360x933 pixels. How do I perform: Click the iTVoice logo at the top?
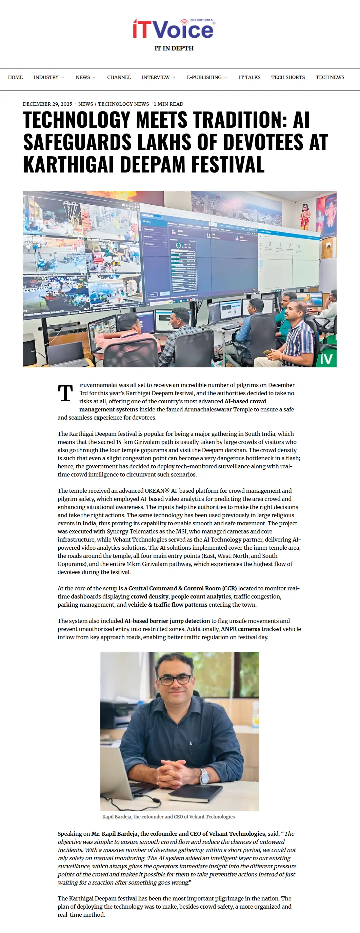pos(173,29)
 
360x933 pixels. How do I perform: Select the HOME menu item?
pos(15,77)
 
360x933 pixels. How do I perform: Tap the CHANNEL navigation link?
pos(119,77)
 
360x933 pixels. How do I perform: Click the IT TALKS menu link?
pos(249,77)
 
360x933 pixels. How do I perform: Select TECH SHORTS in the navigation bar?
pos(288,77)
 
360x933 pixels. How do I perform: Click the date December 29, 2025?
pos(47,104)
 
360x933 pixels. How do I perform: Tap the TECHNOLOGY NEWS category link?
pos(123,104)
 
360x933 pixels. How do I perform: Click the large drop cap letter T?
pos(65,393)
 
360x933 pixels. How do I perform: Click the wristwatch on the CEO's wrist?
pos(205,776)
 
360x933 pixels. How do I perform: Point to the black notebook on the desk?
pos(196,793)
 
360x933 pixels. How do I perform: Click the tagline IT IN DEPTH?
pos(174,48)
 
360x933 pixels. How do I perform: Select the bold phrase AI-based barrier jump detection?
pos(167,621)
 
